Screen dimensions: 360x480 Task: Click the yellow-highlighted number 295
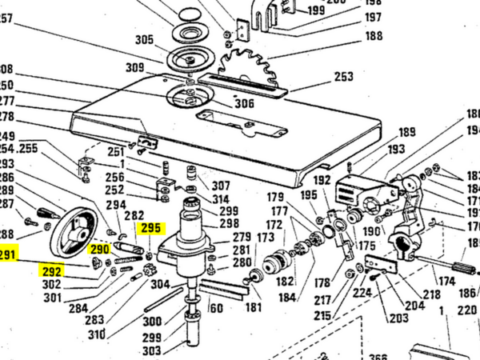(x=150, y=228)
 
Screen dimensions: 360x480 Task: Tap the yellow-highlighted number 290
(x=99, y=250)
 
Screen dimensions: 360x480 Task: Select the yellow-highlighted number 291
(x=8, y=256)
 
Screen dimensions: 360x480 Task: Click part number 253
(x=343, y=78)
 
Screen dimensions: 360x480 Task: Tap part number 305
(x=144, y=40)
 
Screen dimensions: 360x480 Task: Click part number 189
(x=407, y=132)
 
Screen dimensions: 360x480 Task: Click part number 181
(x=254, y=306)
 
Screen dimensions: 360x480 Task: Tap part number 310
(x=96, y=334)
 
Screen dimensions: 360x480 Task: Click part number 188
(x=374, y=36)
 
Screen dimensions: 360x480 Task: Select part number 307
(x=220, y=186)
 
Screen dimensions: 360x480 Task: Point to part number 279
(x=242, y=238)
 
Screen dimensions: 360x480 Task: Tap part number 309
(x=134, y=67)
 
